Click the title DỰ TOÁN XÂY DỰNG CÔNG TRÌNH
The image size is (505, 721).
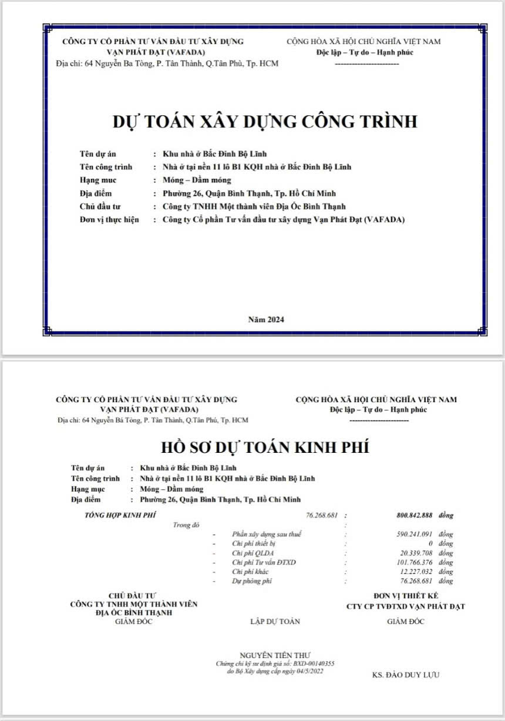coord(265,122)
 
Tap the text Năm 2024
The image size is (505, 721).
coord(266,320)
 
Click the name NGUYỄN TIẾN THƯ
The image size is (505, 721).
coord(275,655)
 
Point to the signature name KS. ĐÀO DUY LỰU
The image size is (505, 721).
coord(406,675)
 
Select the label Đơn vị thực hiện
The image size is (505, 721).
coord(109,220)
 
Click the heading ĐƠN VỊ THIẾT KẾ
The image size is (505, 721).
coord(406,596)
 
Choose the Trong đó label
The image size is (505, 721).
coord(187,525)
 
